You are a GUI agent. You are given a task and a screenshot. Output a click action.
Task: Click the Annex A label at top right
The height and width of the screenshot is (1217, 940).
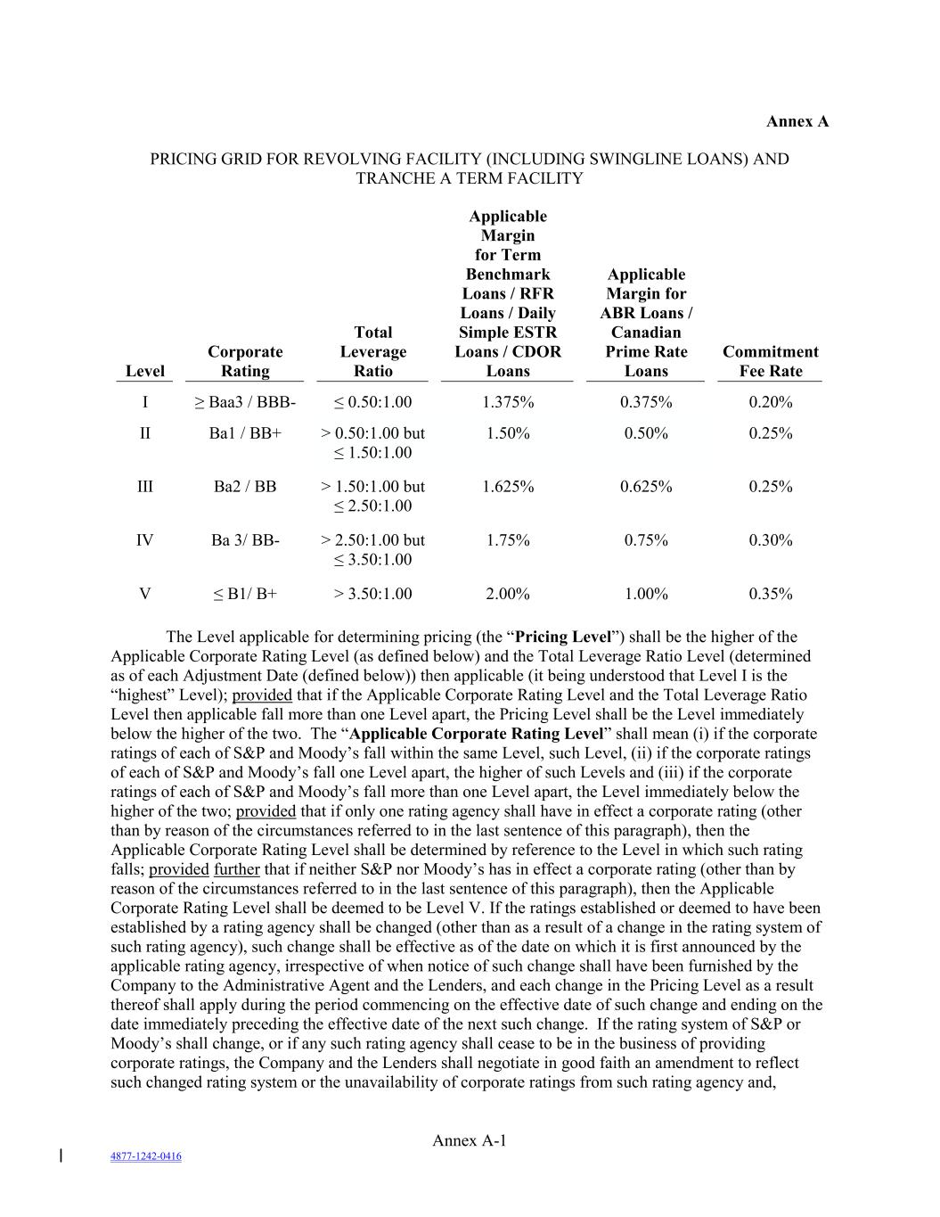[x=797, y=121]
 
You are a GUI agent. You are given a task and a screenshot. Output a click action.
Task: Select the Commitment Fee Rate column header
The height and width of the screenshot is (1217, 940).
[x=770, y=361]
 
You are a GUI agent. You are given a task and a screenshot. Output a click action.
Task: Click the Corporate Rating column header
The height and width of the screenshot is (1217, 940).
[x=245, y=361]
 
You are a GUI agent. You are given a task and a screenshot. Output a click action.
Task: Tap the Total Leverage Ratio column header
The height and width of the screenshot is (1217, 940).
[x=372, y=351]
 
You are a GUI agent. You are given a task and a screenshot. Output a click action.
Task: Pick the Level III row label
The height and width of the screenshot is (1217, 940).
[x=145, y=487]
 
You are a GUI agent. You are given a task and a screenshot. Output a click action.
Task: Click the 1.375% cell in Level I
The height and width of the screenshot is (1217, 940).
[x=508, y=402]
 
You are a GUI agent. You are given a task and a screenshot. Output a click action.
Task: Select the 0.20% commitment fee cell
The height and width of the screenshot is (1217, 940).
[x=770, y=402]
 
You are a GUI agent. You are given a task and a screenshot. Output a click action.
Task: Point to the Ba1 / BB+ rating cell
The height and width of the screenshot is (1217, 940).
[x=245, y=433]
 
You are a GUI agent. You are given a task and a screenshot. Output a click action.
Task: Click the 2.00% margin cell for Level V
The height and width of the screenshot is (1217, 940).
[x=508, y=594]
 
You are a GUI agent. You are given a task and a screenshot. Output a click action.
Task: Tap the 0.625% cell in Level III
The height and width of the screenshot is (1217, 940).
[x=646, y=487]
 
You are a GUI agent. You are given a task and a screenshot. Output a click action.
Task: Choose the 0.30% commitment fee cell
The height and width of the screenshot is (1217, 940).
[x=770, y=540]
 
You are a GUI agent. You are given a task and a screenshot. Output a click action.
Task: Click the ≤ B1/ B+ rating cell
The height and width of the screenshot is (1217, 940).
[x=245, y=594]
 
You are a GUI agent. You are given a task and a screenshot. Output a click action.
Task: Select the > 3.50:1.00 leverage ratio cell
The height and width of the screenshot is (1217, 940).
[x=372, y=594]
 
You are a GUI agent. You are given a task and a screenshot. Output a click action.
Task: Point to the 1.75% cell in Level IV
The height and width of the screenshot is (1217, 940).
[x=508, y=540]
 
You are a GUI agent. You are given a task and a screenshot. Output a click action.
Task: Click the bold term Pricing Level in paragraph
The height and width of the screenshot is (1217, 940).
[x=563, y=637]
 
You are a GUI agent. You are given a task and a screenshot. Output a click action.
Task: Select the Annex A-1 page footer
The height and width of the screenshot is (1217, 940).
[x=470, y=1140]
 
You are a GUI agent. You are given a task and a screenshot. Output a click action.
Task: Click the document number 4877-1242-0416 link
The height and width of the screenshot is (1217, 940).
[x=146, y=1156]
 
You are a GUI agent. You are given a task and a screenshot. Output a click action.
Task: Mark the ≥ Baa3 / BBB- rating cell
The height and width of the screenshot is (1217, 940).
[x=245, y=402]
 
